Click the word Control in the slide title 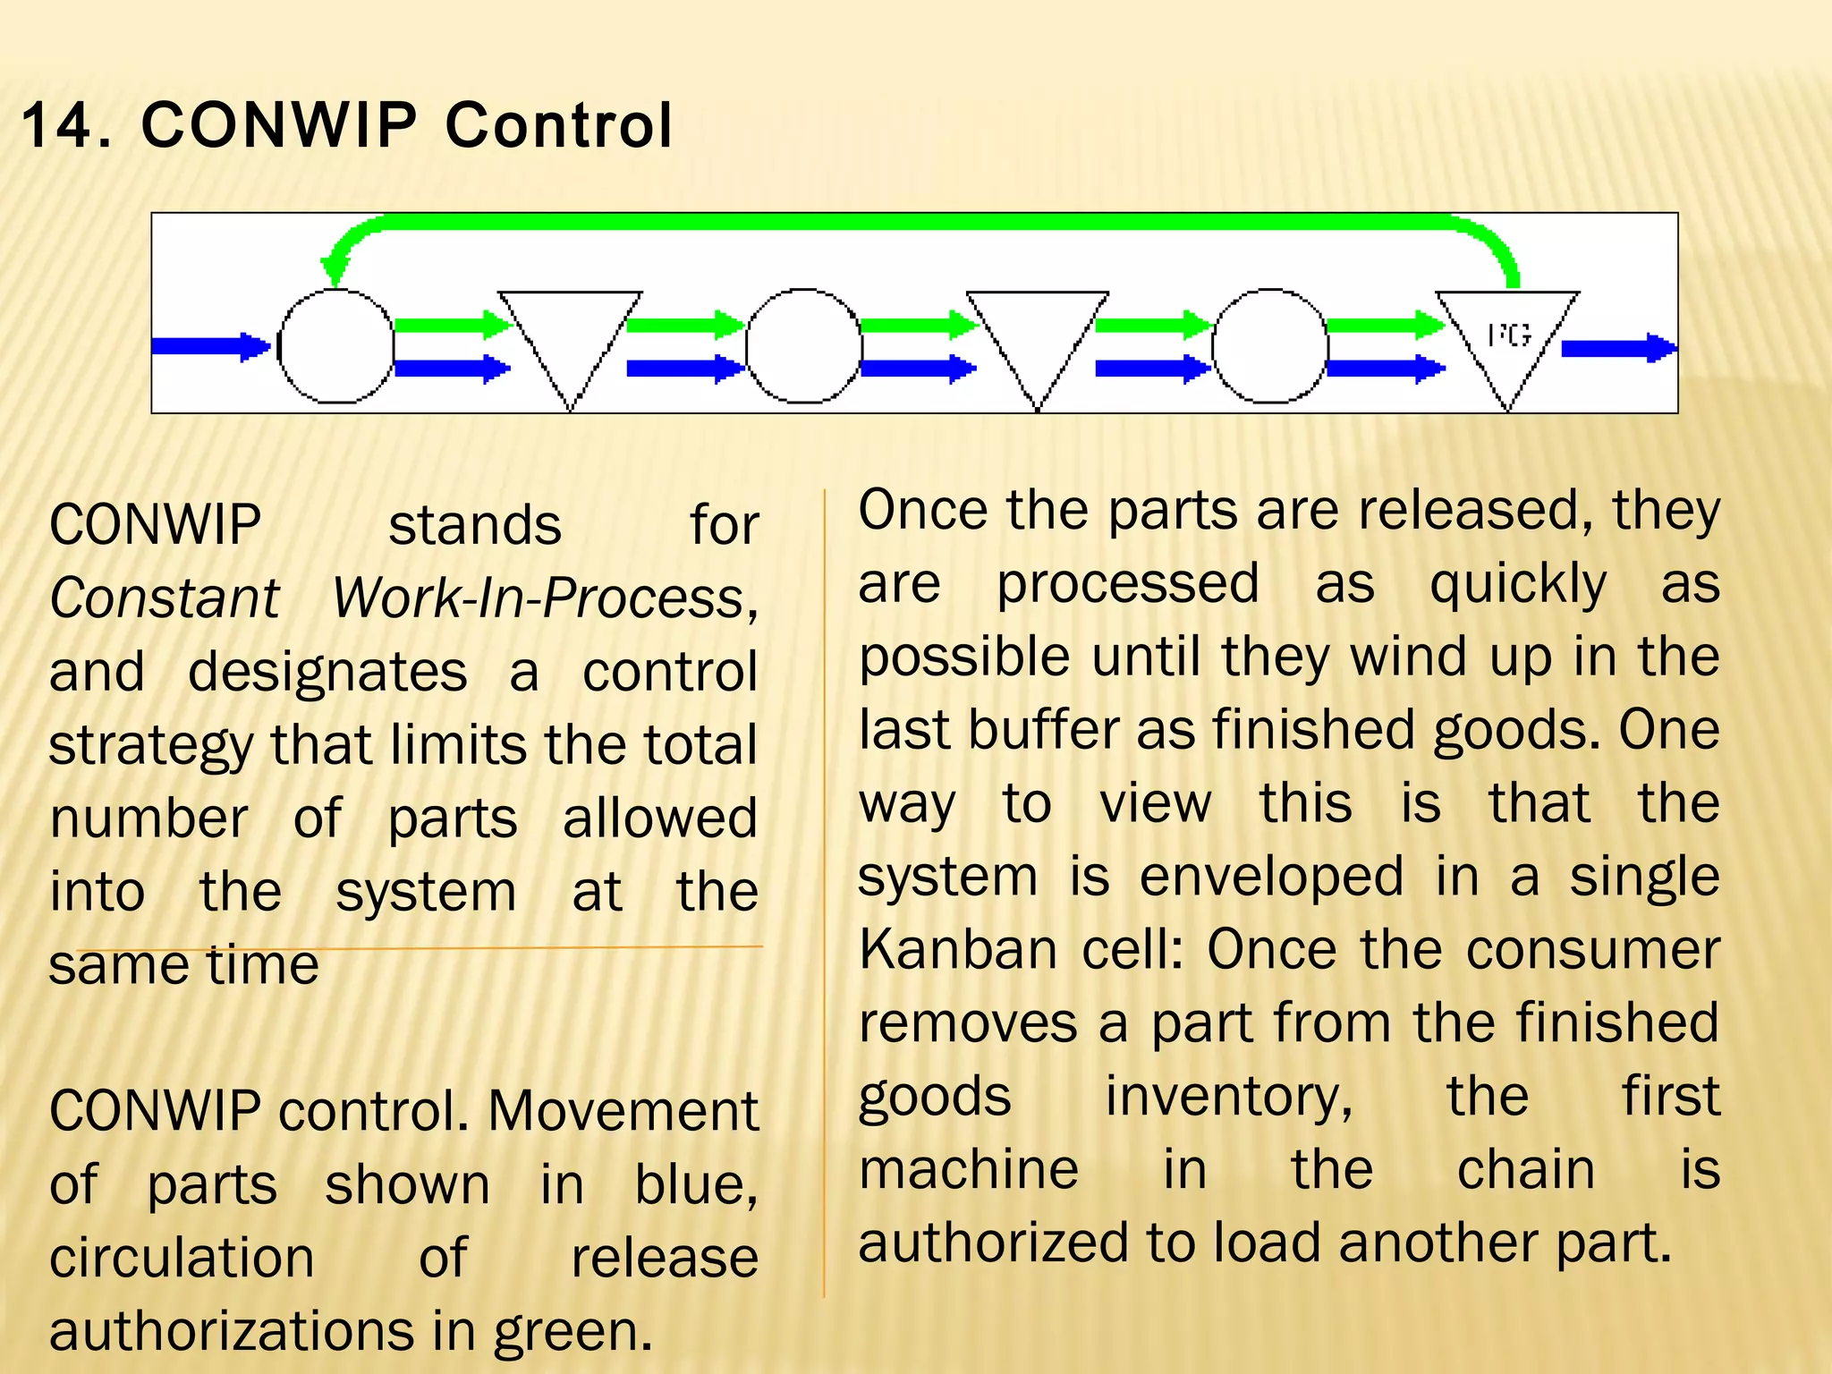[x=558, y=125]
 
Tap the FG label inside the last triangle [x=1509, y=335]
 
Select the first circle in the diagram [x=335, y=346]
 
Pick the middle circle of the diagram [x=803, y=346]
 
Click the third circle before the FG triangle [x=1269, y=346]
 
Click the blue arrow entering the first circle [x=210, y=346]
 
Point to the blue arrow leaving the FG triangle [x=1617, y=348]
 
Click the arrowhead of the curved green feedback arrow [x=335, y=268]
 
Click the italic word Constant [x=165, y=598]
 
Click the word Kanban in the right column [x=958, y=949]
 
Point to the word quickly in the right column [x=1517, y=584]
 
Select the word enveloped [x=1271, y=876]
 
